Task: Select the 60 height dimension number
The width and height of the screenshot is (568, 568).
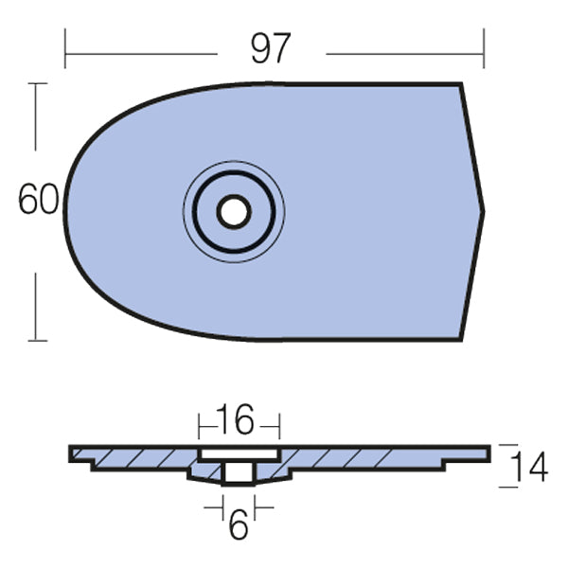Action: [39, 200]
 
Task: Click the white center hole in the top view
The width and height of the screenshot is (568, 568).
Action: [233, 211]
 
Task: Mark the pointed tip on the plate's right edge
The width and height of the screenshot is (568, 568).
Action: [483, 211]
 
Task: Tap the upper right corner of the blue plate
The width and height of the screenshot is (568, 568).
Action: [461, 84]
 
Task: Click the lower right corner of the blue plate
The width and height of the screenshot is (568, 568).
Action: [460, 338]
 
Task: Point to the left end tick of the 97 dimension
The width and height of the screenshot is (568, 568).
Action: [65, 48]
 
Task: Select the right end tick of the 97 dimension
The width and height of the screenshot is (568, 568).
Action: [484, 48]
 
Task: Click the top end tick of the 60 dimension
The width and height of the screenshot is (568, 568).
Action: [37, 83]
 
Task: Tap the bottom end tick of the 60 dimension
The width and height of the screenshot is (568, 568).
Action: [37, 339]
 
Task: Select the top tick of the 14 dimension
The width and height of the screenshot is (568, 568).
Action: [508, 445]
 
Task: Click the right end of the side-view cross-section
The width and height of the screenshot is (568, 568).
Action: [488, 453]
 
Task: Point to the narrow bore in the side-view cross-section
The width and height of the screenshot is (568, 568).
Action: [239, 472]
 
